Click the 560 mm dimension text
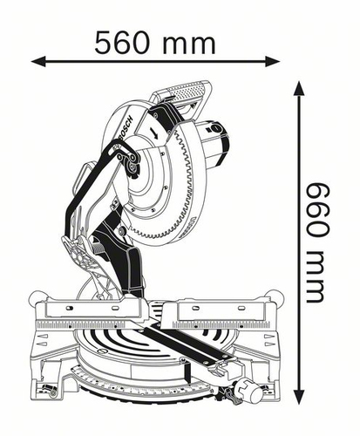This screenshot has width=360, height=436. click(x=155, y=43)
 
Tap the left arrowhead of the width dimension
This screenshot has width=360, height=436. click(x=38, y=62)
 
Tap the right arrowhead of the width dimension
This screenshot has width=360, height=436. click(x=273, y=62)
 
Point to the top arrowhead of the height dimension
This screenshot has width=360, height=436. click(x=299, y=88)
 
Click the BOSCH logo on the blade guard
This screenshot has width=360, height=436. click(x=126, y=129)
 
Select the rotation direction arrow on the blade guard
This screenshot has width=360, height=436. click(x=154, y=133)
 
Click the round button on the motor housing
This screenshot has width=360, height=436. click(x=215, y=128)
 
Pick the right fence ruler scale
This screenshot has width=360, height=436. click(x=221, y=324)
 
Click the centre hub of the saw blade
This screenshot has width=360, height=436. click(x=132, y=167)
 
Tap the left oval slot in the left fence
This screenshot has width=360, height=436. click(x=69, y=308)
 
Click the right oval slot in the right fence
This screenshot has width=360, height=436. click(x=241, y=308)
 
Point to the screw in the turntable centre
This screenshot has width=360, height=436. click(x=104, y=351)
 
